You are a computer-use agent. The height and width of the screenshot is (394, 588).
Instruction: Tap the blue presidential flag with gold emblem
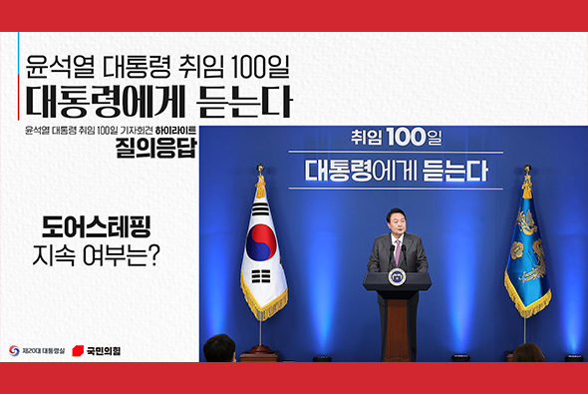click(527, 249)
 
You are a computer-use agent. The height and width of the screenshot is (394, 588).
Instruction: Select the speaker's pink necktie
click(397, 251)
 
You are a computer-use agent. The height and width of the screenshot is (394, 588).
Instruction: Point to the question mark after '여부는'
click(156, 255)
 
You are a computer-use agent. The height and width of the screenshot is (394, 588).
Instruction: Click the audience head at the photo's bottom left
click(218, 349)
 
